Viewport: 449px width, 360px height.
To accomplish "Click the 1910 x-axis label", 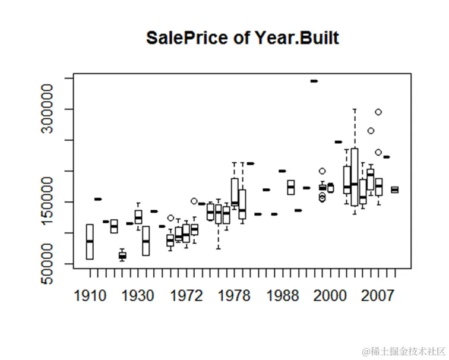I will tap(91, 296).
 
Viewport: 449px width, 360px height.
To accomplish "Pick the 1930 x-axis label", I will tap(138, 296).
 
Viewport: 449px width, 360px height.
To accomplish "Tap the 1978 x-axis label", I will tap(234, 296).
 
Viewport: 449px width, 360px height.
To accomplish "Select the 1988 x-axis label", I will tap(282, 296).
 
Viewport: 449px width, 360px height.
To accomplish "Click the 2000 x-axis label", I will tap(330, 296).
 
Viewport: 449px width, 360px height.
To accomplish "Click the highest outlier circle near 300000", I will tap(378, 112).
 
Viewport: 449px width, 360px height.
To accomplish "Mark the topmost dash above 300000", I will tap(314, 81).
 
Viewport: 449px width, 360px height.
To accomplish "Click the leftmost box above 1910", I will tap(90, 241).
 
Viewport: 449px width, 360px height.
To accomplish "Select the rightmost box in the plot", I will tap(394, 190).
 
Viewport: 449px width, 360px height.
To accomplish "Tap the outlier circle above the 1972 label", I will tap(194, 201).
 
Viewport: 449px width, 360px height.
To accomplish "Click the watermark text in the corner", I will tap(400, 349).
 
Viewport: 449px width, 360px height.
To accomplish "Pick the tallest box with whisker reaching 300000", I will tap(355, 176).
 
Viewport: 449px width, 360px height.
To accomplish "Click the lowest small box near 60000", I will tap(122, 255).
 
